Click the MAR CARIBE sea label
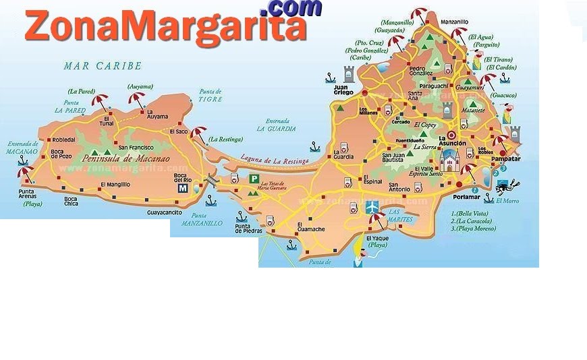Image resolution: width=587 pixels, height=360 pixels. coord(103,66)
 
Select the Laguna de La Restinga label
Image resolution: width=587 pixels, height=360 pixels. coord(277,160)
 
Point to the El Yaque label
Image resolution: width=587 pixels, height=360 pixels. coord(376,238)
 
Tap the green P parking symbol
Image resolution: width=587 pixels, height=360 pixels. coord(255,179)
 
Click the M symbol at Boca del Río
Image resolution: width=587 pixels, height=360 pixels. coord(182,189)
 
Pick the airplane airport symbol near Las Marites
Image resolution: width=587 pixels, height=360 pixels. coord(372,207)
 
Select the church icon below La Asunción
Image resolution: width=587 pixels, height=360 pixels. coord(449,160)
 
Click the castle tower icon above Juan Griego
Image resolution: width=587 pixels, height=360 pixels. coord(349,73)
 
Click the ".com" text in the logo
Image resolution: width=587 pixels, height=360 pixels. coord(294,8)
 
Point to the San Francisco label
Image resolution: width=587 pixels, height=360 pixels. coord(137,147)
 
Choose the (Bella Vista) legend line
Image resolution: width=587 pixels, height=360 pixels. coord(470,214)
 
